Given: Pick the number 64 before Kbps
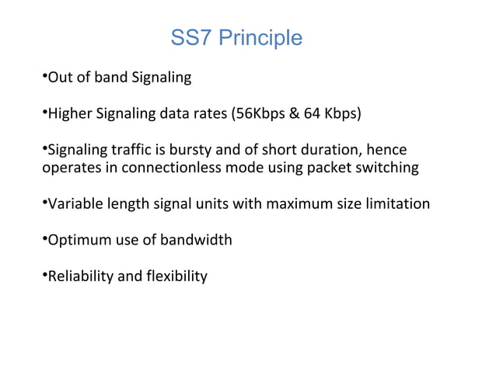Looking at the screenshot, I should coord(313,115).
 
